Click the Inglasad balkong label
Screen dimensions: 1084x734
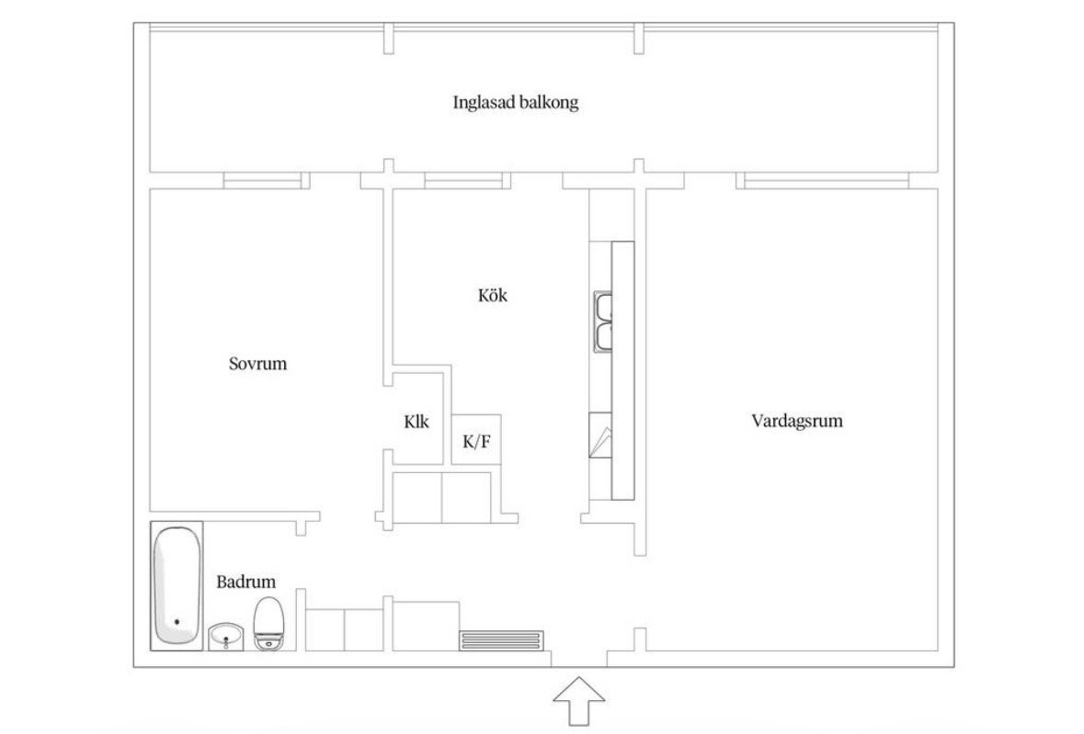[x=516, y=103]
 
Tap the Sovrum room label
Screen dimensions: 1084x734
[x=257, y=364]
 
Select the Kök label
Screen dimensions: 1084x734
[x=492, y=296]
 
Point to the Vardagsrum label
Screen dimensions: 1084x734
[x=797, y=422]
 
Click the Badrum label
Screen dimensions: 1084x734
[x=246, y=582]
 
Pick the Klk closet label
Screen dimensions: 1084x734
[x=416, y=422]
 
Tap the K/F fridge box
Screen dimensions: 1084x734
[x=476, y=440]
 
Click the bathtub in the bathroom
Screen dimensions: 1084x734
[x=177, y=585]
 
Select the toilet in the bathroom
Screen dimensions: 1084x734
[x=268, y=624]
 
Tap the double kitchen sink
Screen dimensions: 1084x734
[x=603, y=322]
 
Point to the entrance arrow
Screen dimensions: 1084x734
[x=578, y=700]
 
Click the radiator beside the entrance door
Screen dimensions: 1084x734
[x=502, y=640]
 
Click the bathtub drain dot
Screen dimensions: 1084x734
[x=177, y=622]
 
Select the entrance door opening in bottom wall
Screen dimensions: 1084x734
[x=579, y=660]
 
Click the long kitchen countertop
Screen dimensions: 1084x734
[x=622, y=370]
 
